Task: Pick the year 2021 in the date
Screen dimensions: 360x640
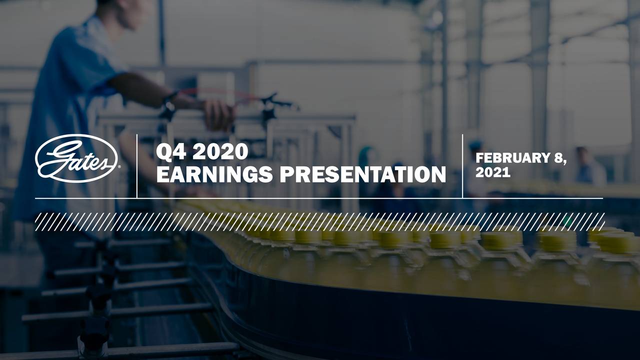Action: pos(492,173)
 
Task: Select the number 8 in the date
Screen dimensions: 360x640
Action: pos(558,158)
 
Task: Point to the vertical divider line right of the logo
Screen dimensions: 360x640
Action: pos(137,165)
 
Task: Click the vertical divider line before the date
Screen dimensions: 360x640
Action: pos(462,165)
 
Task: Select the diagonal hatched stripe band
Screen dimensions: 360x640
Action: pos(320,221)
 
